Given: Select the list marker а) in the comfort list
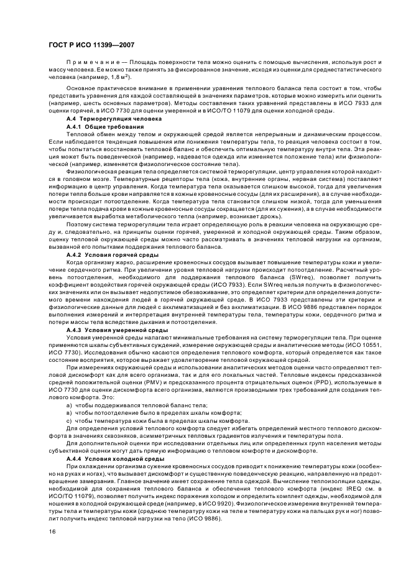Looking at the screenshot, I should [x=69, y=405].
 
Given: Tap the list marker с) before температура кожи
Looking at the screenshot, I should [x=69, y=420].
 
